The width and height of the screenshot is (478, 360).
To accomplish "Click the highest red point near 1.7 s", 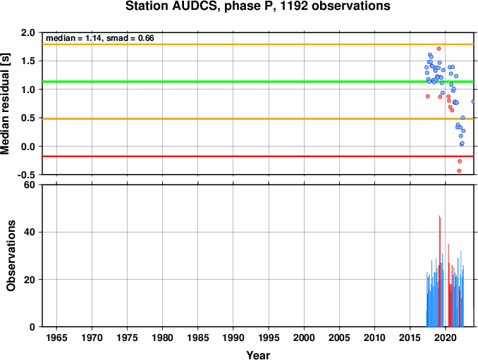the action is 439,49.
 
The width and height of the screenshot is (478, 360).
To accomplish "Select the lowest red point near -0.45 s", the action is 459,171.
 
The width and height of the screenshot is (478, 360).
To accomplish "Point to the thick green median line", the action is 258,82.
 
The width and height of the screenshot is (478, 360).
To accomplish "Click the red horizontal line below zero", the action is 258,156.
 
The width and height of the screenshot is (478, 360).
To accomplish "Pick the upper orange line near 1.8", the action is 258,44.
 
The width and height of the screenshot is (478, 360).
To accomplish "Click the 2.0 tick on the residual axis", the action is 28,32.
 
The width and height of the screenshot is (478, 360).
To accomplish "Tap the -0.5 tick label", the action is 26,175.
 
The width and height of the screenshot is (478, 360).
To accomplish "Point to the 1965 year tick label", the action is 56,337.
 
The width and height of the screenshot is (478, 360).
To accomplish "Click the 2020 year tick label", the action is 446,337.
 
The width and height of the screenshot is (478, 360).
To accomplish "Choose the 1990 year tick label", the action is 233,337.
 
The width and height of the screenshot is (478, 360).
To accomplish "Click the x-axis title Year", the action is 258,355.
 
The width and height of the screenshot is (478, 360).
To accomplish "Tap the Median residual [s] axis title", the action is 6,104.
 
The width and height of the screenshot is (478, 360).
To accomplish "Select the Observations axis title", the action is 11,256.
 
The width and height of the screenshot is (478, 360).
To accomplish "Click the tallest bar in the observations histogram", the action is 439,271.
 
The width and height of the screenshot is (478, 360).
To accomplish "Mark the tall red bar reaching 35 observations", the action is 448,285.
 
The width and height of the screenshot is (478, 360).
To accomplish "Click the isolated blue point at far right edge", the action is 473,101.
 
